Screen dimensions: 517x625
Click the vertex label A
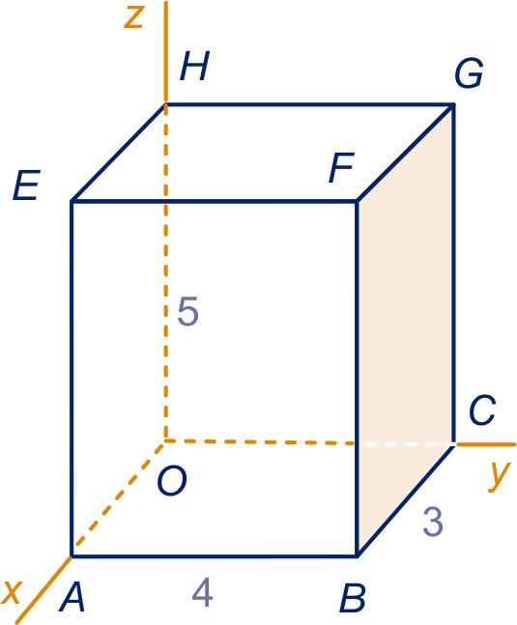pyautogui.click(x=72, y=597)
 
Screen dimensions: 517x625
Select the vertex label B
pyautogui.click(x=353, y=598)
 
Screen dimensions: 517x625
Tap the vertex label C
pyautogui.click(x=482, y=411)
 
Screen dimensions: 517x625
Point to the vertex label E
pyautogui.click(x=27, y=185)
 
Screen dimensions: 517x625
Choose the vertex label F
pyautogui.click(x=342, y=167)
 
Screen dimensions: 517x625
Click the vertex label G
pyautogui.click(x=470, y=73)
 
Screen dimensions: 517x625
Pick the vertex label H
pyautogui.click(x=194, y=66)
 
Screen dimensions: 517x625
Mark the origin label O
pyautogui.click(x=172, y=481)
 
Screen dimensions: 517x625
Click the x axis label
pyautogui.click(x=12, y=592)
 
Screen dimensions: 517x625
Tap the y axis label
pyautogui.click(x=500, y=476)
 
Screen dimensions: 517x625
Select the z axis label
pyautogui.click(x=133, y=17)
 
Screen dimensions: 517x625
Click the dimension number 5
pyautogui.click(x=187, y=311)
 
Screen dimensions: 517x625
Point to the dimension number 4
pyautogui.click(x=203, y=592)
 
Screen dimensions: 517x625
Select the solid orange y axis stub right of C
pyautogui.click(x=486, y=444)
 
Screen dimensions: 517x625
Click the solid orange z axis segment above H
pyautogui.click(x=166, y=52)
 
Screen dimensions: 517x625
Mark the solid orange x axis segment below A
pyautogui.click(x=43, y=590)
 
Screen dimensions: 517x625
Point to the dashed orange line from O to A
pyautogui.click(x=119, y=498)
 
